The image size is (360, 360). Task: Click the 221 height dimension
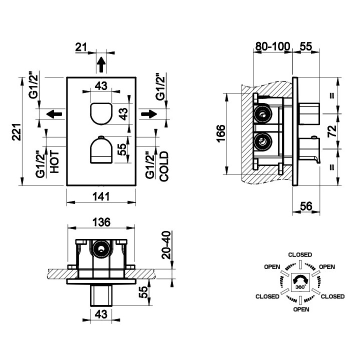[x=17, y=132]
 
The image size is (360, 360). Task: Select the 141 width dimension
[x=101, y=197]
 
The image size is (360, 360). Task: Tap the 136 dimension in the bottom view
[x=101, y=222]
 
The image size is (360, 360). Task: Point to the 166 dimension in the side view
[x=221, y=133]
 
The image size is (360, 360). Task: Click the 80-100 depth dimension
[x=273, y=46]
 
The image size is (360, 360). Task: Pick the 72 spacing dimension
[x=332, y=131]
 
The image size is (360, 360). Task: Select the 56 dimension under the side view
[x=306, y=206]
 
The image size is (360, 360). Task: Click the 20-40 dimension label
[x=166, y=245]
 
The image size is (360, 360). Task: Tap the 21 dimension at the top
[x=81, y=47]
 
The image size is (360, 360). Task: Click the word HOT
[x=54, y=162]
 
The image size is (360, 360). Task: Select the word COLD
[x=164, y=166]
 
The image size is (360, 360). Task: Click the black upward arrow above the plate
[x=101, y=64]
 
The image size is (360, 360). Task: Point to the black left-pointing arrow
[x=54, y=114]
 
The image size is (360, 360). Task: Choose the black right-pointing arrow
[x=149, y=114]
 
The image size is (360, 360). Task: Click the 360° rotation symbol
[x=301, y=282]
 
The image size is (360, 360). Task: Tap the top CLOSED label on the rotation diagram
[x=300, y=255]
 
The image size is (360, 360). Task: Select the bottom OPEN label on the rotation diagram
[x=301, y=309]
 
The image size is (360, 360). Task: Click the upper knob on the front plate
[x=101, y=113]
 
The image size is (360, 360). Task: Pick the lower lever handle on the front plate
[x=101, y=149]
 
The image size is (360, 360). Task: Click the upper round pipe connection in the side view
[x=262, y=114]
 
